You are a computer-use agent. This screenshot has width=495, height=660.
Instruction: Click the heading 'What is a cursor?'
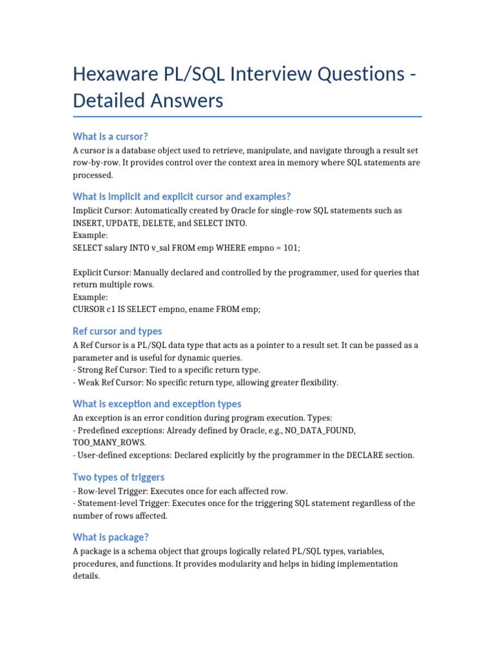[x=110, y=136]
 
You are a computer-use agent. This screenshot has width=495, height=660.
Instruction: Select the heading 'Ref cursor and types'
[x=117, y=331]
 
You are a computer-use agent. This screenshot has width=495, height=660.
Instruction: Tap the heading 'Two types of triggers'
[x=119, y=477]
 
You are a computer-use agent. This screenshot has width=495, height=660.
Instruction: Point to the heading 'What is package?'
[x=112, y=537]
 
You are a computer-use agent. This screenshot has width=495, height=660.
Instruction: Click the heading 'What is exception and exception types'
[x=157, y=403]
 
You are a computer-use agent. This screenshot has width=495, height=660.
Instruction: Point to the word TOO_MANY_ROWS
[x=110, y=443]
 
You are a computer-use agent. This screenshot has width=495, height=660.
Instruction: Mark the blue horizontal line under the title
[x=247, y=117]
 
